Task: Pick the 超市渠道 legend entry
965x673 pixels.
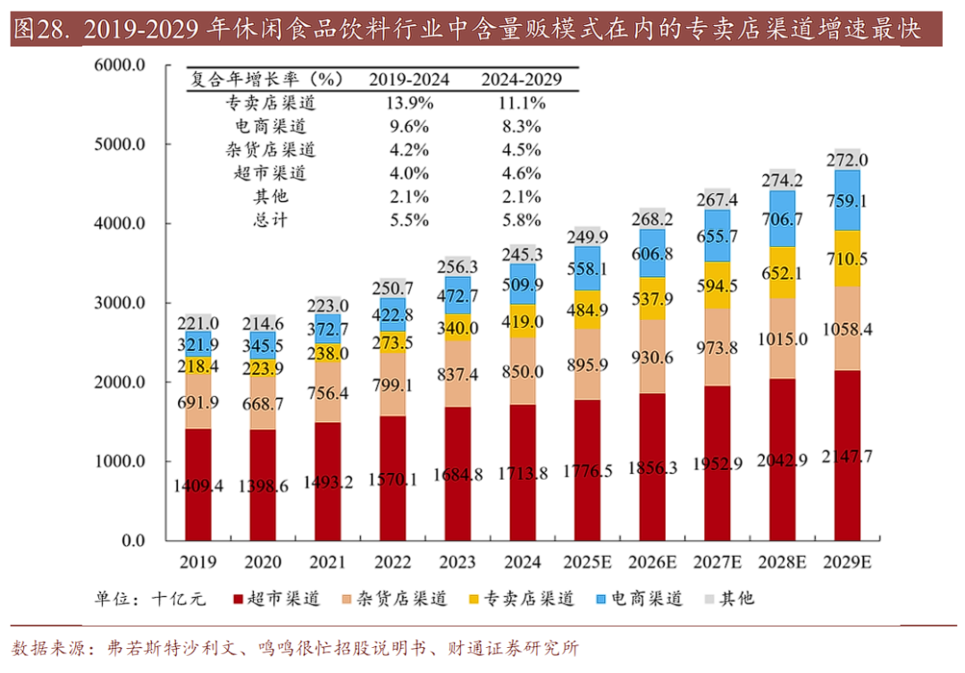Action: [275, 598]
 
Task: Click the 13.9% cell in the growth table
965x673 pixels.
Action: [409, 103]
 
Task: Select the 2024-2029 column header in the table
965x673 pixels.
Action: [522, 80]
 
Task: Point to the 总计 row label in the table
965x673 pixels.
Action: [272, 220]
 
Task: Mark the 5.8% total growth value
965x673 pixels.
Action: [522, 220]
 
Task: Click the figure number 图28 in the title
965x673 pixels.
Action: [41, 29]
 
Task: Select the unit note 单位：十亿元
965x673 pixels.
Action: [150, 598]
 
